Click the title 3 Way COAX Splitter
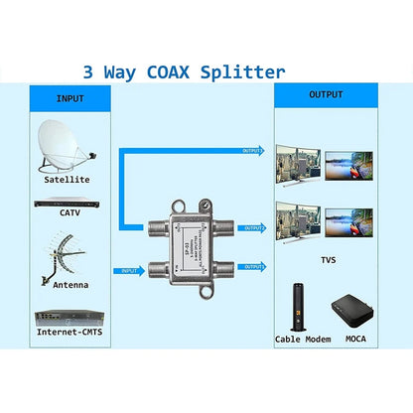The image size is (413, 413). coord(184,71)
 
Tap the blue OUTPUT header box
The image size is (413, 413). coord(329,94)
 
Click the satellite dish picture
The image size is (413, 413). coord(65,145)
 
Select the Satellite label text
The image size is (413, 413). coord(67,180)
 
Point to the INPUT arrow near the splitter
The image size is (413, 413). coord(133,270)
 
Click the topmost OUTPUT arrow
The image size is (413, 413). coord(252,151)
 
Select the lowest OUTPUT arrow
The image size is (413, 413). coord(253,266)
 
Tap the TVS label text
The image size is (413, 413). coord(328,259)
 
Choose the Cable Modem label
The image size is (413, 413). coord(302,340)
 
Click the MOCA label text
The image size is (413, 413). coord(354,340)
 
